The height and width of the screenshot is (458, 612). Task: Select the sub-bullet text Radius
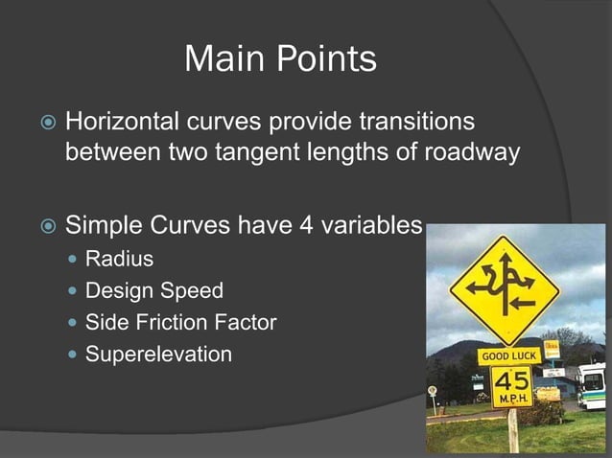(x=119, y=259)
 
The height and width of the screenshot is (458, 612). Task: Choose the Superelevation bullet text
(x=158, y=355)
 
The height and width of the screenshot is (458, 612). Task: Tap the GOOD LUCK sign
(x=509, y=355)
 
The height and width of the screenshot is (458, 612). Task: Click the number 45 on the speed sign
(x=510, y=379)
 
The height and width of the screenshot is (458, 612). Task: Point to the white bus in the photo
(x=592, y=385)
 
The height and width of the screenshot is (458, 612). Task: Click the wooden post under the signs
(x=513, y=430)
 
